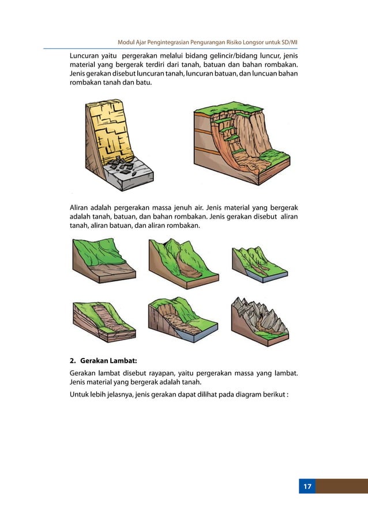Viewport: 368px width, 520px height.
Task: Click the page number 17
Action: [x=307, y=487]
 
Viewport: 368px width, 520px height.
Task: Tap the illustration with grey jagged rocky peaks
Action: [x=260, y=322]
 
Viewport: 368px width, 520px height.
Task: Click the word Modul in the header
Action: [x=126, y=43]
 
